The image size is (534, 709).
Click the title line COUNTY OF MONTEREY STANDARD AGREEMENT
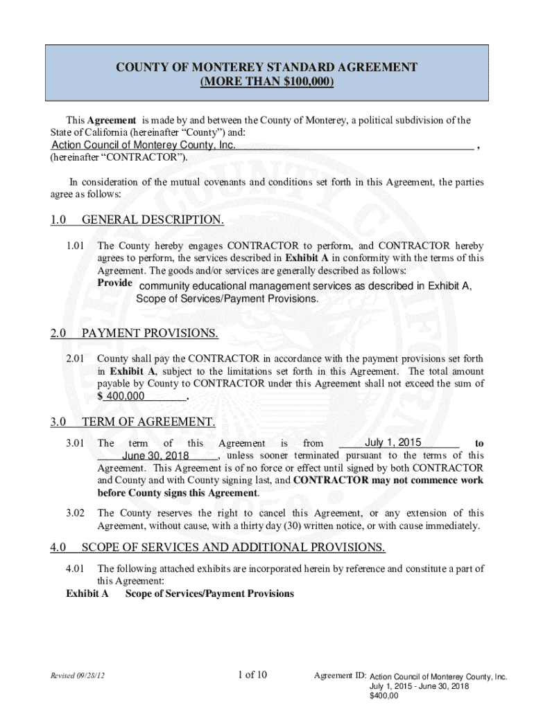266,67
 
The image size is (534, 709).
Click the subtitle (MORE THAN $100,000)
266,82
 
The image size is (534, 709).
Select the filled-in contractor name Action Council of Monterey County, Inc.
144,145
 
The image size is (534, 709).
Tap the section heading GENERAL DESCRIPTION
153,220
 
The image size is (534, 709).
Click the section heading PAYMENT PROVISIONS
150,334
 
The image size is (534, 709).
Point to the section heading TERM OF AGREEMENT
148,422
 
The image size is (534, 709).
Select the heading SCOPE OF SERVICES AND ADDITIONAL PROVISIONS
233,548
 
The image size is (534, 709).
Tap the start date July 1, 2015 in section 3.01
393,442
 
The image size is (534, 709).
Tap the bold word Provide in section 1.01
114,285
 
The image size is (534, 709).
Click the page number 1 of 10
257,675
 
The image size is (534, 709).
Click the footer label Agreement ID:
340,676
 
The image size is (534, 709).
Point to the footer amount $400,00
384,697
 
